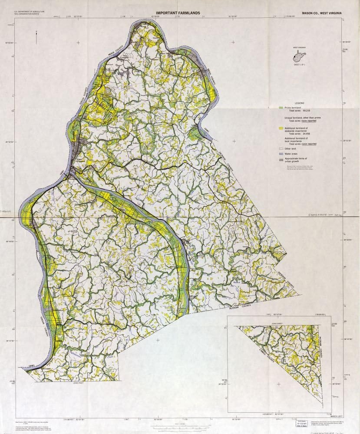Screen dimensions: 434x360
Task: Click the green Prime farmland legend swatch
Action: pos(281,107)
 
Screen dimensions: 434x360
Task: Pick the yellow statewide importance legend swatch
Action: pos(281,129)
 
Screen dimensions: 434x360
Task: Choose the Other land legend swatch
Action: pos(281,148)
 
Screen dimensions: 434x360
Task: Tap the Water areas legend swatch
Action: pos(281,154)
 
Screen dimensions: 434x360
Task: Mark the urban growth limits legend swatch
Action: pos(281,160)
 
